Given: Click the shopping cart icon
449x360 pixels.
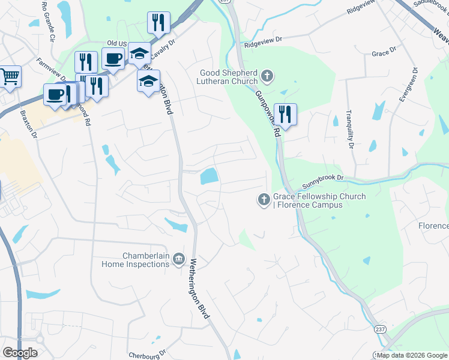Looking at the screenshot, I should coord(10,76).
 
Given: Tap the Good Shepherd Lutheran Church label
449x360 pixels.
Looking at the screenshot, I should coord(229,77).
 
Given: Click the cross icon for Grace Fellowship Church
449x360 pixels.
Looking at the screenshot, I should coord(263,200).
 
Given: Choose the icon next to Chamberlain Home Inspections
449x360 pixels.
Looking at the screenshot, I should coord(178,259).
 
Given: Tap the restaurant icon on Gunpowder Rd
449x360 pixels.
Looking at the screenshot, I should coord(285,114).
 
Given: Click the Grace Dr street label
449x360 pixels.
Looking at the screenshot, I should coord(384,53).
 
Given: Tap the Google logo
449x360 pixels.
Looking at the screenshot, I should coord(20,353).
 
